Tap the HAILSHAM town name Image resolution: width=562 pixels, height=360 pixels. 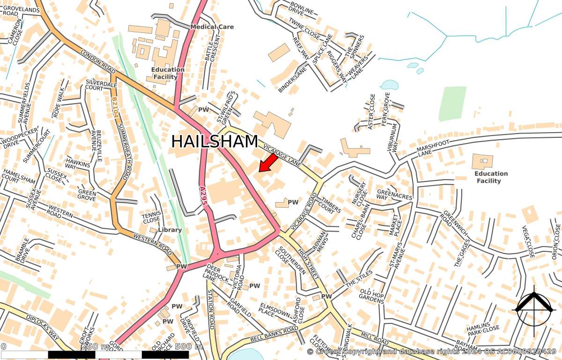[x=215, y=142]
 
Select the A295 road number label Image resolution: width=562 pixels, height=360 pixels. [x=203, y=195]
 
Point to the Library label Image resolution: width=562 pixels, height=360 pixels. [x=170, y=230]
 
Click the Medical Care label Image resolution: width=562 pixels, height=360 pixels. [x=212, y=27]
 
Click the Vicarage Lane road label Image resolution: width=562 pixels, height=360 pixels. [x=282, y=154]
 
